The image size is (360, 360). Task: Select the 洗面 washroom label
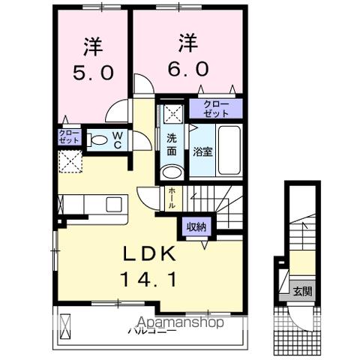click(171, 144)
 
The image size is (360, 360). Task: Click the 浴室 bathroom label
click(202, 151)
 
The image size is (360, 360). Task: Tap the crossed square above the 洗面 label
click(172, 113)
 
